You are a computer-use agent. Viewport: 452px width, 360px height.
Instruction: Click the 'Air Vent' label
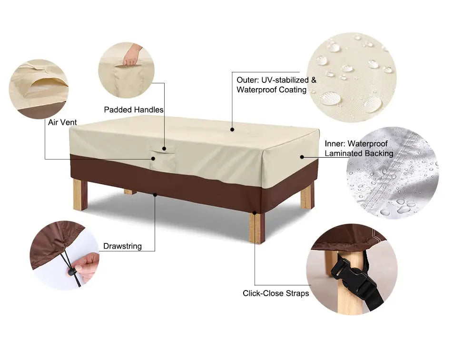point(62,122)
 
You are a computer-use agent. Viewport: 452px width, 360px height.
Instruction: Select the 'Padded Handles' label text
point(134,110)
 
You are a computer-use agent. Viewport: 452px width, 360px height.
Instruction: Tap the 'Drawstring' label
point(122,246)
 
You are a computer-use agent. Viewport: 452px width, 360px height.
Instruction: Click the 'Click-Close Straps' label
point(275,293)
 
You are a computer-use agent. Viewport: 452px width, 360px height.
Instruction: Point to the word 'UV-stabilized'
point(288,80)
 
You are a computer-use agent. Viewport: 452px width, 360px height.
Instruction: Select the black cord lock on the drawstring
point(71,272)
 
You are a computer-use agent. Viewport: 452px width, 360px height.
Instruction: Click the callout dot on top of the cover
point(232,129)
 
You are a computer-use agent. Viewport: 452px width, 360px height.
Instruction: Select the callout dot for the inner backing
point(302,156)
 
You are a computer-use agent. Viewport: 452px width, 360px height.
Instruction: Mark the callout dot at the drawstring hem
point(155,194)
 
